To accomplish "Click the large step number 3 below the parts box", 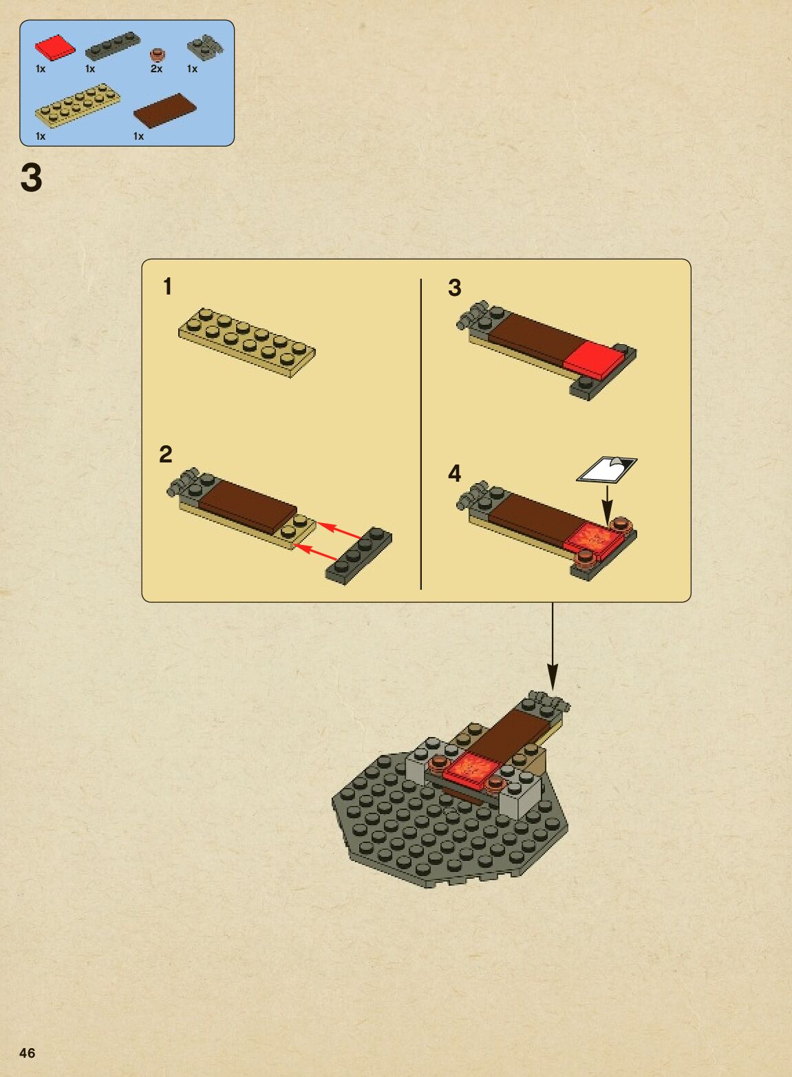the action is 31,178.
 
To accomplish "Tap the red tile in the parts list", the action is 55,47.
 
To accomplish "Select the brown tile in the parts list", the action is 165,111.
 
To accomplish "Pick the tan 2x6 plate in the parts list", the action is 78,106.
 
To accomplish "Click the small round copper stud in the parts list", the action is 157,54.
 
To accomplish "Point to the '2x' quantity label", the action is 156,70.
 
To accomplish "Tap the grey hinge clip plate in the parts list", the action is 205,47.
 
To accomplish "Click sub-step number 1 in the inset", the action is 167,286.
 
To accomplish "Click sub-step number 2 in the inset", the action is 165,454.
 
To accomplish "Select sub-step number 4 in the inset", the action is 454,473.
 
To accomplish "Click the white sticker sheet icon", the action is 607,469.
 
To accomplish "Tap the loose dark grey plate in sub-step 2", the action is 358,556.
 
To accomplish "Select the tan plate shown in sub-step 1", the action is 247,343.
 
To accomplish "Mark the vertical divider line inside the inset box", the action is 420,434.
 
